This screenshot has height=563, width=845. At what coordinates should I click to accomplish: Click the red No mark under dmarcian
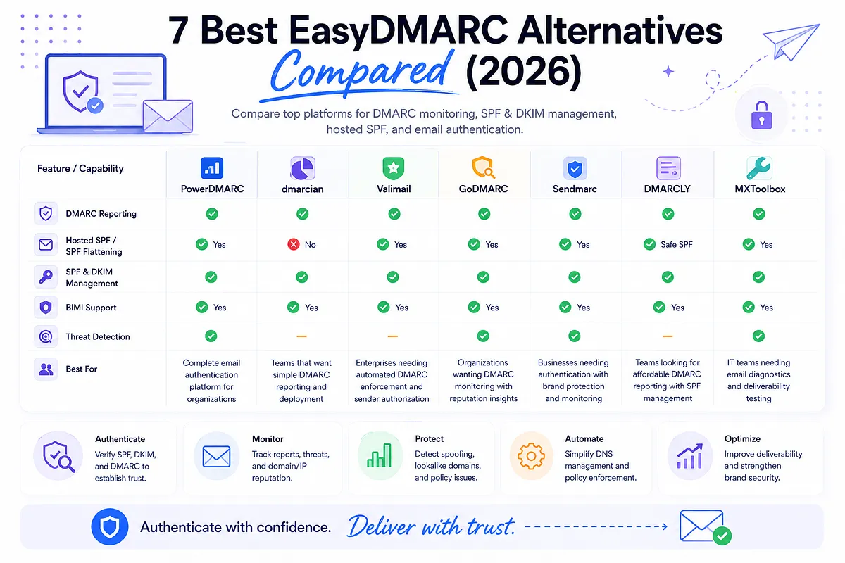coord(294,244)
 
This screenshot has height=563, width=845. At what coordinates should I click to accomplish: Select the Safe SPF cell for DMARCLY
coord(668,244)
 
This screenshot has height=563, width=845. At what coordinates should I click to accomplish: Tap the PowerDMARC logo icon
coord(212,167)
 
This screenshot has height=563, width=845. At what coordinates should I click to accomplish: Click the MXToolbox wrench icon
coord(758,167)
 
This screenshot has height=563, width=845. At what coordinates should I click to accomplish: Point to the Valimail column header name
coord(394,189)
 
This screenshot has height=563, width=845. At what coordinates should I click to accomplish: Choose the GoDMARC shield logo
coord(483,167)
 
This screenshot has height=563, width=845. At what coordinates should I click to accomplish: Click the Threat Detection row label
coord(98,336)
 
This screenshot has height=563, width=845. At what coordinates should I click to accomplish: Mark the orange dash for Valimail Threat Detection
coord(393,336)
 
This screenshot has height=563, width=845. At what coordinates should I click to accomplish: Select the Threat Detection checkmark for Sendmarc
coord(574,336)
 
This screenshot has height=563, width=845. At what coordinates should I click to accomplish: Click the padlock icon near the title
coord(762,115)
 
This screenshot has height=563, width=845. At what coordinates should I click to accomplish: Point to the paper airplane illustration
coord(791,42)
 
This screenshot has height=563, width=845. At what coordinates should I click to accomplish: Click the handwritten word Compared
coord(361,72)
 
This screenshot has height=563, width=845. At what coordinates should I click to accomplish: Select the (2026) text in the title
coord(524,71)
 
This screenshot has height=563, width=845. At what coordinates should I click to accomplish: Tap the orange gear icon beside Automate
coord(531,456)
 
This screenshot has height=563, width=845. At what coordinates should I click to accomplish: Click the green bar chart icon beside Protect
coord(379,455)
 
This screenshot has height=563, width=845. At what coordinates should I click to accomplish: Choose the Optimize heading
coord(742,438)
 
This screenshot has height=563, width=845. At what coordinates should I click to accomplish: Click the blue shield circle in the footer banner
coord(109,526)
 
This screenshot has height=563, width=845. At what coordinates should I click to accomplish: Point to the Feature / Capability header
coord(80,169)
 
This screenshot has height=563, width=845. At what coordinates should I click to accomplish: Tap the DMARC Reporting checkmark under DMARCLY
coord(668,214)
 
